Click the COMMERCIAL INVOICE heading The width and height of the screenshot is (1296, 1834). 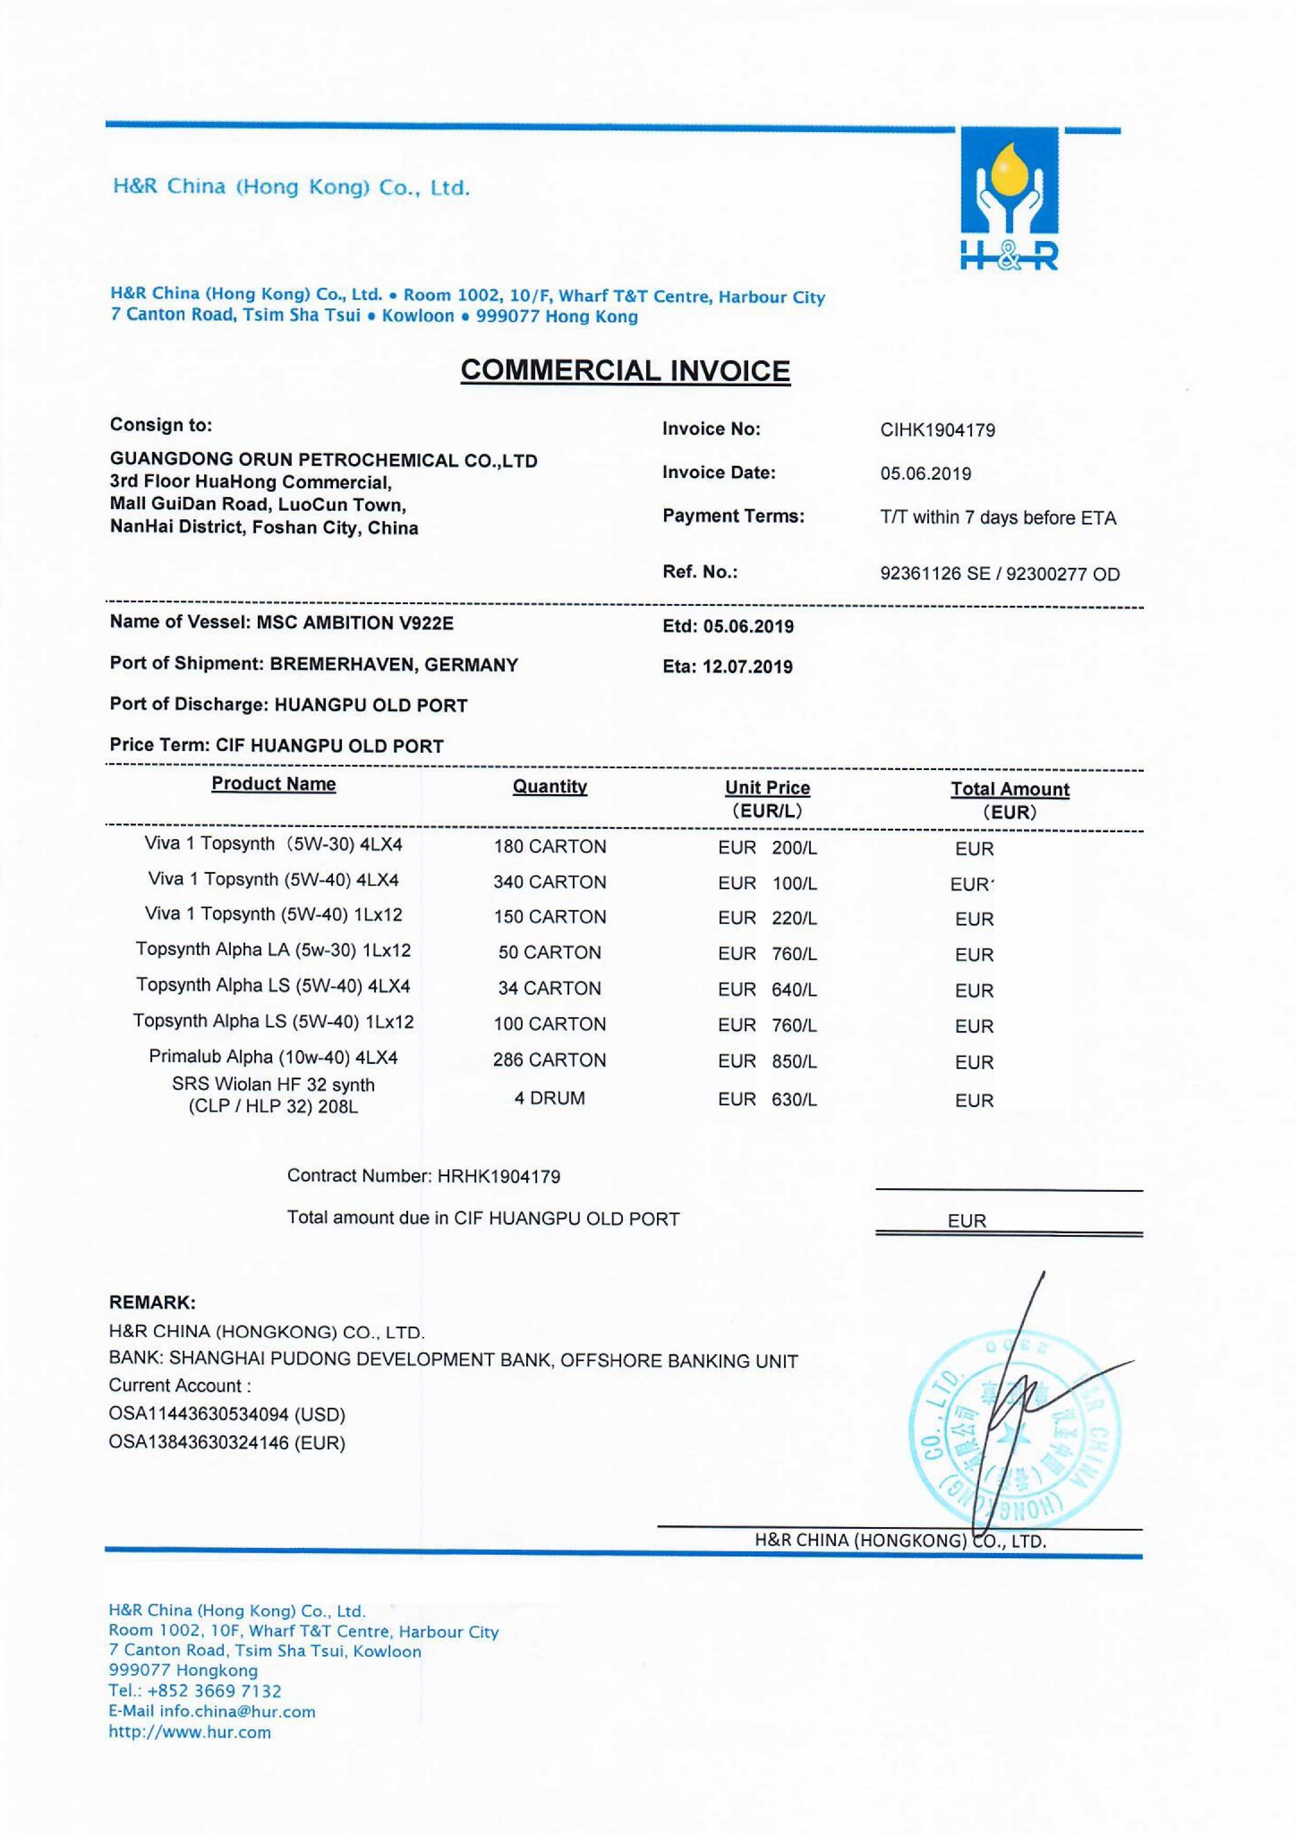pos(625,371)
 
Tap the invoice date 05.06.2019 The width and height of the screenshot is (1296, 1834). pos(925,474)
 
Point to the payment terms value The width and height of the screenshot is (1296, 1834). pos(998,518)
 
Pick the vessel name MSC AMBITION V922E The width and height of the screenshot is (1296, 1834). pos(354,623)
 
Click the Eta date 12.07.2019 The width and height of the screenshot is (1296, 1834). pos(747,667)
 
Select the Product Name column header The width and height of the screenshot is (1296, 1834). pos(273,784)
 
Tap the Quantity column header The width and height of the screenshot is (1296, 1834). pos(549,787)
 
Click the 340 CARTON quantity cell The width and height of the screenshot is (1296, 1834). pos(549,882)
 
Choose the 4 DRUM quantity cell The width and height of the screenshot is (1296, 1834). pos(549,1098)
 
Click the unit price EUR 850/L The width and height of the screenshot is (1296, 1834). pos(767,1062)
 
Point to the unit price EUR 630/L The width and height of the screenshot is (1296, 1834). pos(767,1100)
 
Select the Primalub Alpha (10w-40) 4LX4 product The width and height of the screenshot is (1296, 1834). pos(273,1058)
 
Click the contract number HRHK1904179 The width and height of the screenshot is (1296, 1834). pos(498,1177)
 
